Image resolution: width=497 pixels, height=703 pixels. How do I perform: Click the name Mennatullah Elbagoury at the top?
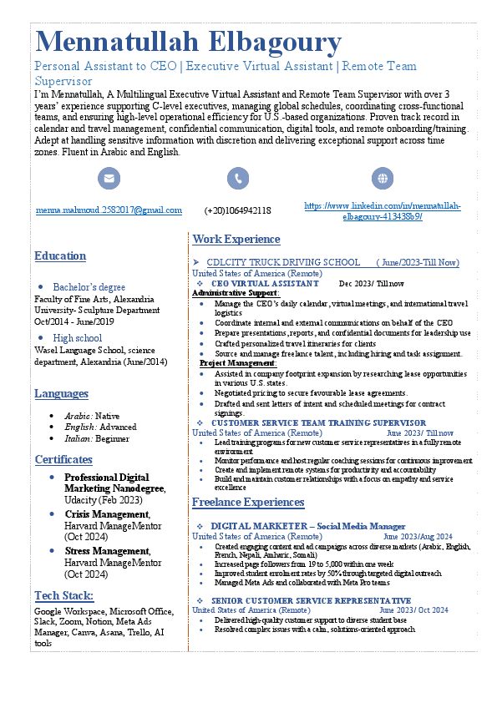(188, 42)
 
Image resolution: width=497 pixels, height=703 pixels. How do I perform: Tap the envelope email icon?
(109, 178)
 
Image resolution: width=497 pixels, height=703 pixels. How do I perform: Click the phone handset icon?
(238, 178)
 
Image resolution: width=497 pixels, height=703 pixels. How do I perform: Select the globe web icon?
(383, 178)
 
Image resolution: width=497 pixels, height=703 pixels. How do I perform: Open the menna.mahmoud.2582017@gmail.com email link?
(109, 210)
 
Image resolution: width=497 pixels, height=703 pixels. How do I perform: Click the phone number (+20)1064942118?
(238, 210)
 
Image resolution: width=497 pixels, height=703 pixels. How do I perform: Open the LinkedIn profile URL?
(383, 210)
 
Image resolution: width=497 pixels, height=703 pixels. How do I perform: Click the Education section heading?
(60, 255)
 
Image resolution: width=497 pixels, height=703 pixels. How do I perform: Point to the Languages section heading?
(61, 393)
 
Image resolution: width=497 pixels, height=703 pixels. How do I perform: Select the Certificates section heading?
(63, 459)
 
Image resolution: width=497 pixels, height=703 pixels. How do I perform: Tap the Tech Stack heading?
(63, 595)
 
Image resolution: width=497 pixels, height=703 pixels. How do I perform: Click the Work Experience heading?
(236, 240)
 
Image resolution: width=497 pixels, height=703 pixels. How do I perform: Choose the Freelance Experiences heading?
(248, 502)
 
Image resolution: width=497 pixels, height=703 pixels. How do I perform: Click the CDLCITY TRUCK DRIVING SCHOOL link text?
(283, 262)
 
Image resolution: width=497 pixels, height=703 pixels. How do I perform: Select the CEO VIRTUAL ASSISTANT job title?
(265, 283)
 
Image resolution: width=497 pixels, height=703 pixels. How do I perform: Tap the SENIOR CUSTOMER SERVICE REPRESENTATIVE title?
(311, 600)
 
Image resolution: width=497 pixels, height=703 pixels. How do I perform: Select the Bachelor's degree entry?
(89, 287)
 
